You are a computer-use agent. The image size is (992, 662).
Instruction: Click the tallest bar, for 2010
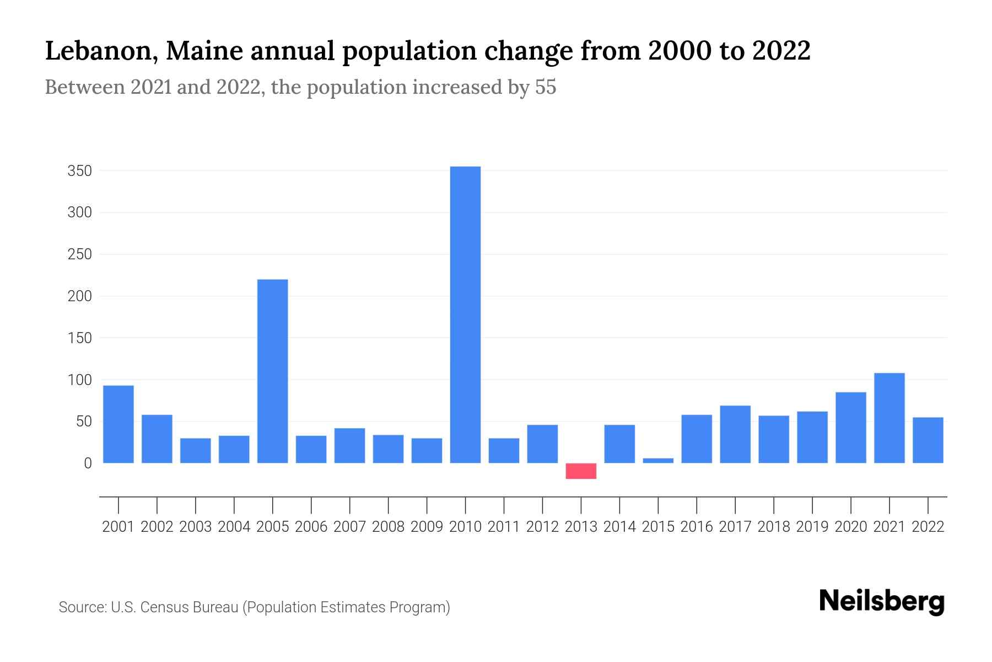tap(465, 314)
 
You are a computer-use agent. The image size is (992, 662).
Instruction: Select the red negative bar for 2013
tap(581, 471)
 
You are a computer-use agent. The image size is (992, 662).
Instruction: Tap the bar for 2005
tap(273, 371)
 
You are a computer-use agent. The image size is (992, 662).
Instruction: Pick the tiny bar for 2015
tap(658, 461)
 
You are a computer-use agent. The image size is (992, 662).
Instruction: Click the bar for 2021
tap(889, 418)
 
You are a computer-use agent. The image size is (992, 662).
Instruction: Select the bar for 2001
tap(118, 424)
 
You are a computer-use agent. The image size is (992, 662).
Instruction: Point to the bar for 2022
tap(928, 440)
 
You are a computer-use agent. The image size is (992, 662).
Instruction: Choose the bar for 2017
tap(735, 434)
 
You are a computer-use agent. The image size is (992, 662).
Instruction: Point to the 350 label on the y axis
tap(79, 171)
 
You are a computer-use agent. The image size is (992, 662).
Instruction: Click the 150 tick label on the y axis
tap(79, 338)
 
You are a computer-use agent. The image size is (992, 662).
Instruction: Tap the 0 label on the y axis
tap(88, 463)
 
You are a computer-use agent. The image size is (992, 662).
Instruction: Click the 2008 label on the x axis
tap(388, 527)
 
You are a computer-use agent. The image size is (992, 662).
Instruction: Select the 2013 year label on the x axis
tap(581, 527)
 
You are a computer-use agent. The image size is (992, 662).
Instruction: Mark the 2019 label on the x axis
tap(812, 527)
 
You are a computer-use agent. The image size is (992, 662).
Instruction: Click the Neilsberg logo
tap(881, 601)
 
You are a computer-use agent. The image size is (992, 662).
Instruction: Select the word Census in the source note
tap(163, 607)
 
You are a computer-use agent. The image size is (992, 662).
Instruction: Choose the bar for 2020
tap(850, 428)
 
